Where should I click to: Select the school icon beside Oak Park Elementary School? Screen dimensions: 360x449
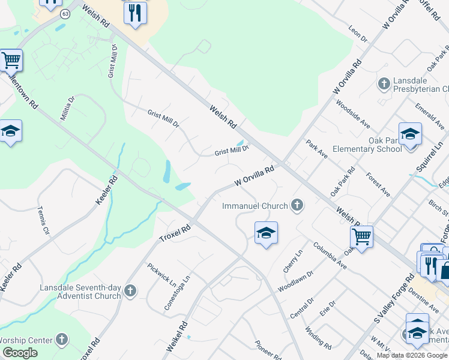pos(410,134)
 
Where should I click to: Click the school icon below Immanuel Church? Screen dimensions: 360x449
pos(266,233)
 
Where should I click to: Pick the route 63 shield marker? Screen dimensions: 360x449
pos(65,13)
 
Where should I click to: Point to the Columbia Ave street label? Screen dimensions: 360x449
pos(330,255)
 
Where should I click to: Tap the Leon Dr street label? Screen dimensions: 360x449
pos(358,34)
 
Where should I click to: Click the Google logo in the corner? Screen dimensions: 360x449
pos(20,353)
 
